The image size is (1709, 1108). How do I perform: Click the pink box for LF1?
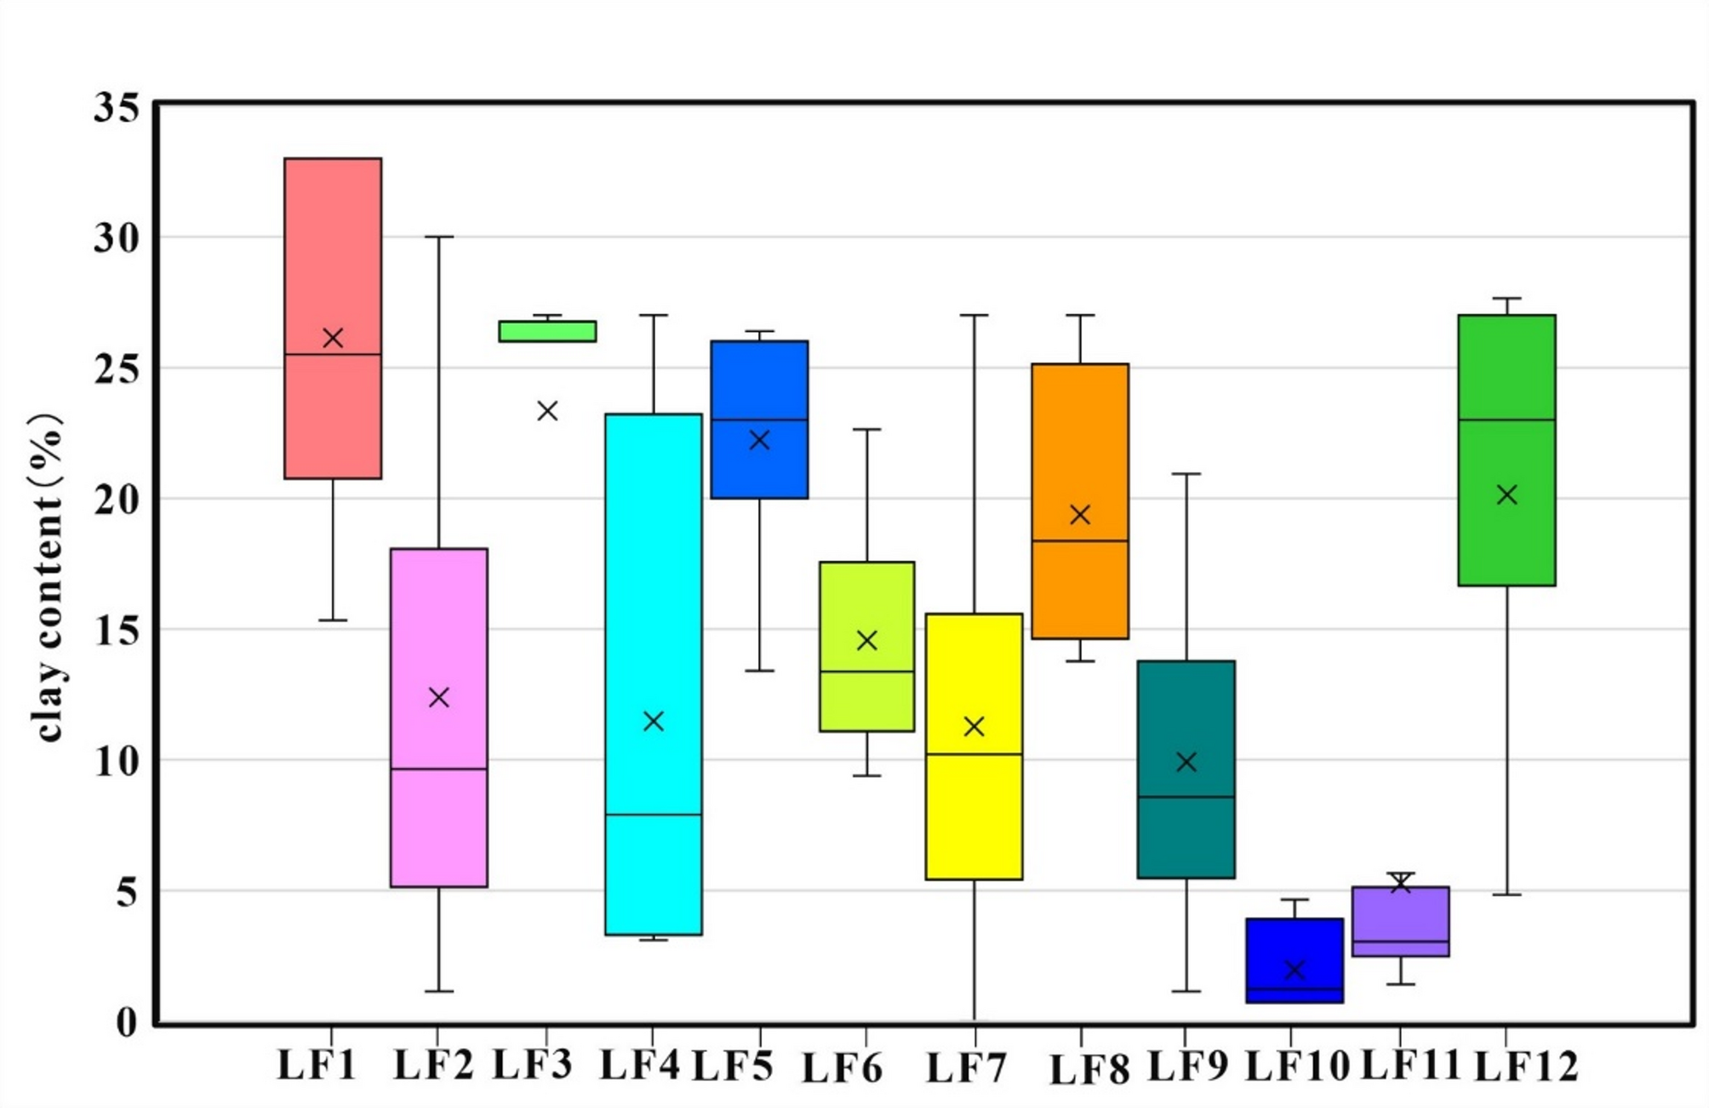333,255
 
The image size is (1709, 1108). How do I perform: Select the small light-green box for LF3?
547,331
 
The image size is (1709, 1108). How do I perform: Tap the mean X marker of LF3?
547,411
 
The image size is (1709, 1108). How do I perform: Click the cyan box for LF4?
654,596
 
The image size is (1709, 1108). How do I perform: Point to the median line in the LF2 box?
439,769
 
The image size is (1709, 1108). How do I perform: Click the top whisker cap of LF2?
439,237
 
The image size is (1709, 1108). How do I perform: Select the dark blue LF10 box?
1295,945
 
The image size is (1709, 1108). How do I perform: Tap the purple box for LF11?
1401,915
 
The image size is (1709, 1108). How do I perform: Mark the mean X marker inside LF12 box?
1506,494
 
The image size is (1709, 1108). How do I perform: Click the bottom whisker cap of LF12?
1506,894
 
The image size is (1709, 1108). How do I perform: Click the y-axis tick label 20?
117,500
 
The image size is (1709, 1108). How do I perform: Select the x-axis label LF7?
966,1068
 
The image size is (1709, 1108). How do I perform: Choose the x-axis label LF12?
1526,1066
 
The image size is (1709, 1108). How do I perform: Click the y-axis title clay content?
47,579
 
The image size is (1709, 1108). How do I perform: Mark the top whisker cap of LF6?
866,430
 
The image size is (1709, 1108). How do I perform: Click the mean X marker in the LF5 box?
759,440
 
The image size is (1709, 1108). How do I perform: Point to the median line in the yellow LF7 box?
974,754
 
